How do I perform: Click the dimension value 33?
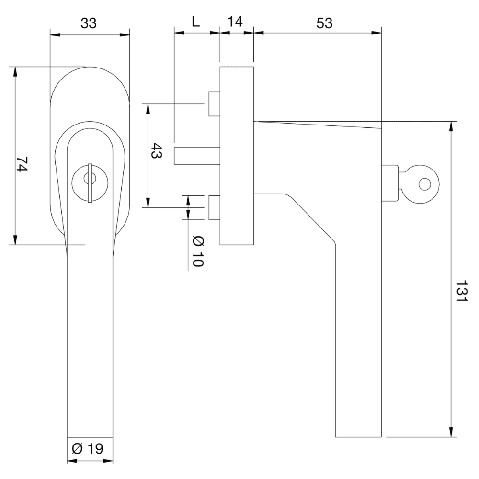[x=89, y=23]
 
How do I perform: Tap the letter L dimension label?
[x=195, y=22]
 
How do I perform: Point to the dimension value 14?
[x=235, y=22]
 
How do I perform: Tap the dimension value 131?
[x=460, y=290]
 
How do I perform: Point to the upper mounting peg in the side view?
[x=214, y=104]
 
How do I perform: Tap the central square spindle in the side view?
[x=196, y=156]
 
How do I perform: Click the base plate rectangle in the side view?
[x=236, y=156]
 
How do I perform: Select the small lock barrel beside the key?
[x=390, y=183]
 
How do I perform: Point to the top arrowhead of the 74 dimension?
[x=16, y=71]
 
